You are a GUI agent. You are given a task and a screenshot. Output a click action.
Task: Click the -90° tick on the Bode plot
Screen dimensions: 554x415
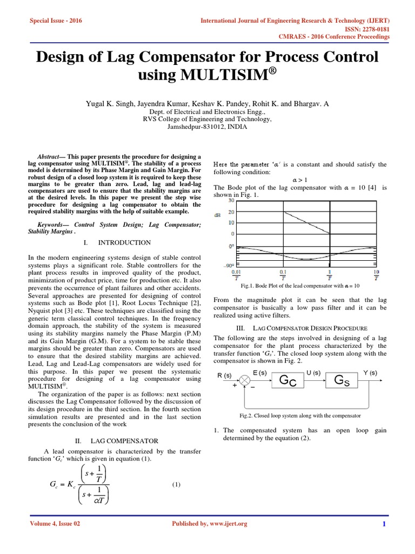pyautogui.click(x=229, y=265)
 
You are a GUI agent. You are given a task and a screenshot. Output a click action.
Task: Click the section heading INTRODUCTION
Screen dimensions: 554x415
pyautogui.click(x=128, y=242)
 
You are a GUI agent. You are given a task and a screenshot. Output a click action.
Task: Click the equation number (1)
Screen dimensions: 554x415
pyautogui.click(x=177, y=485)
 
